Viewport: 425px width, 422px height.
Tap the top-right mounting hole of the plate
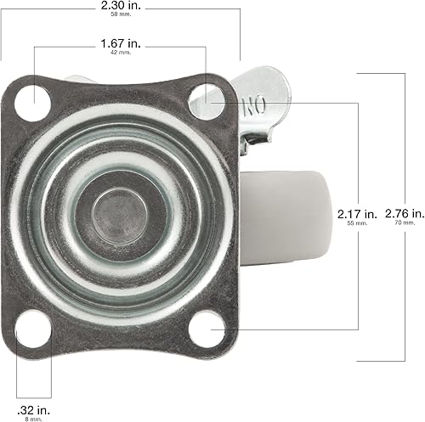click(205, 98)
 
